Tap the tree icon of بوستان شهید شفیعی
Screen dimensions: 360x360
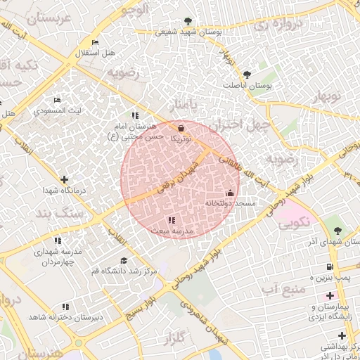[x=187, y=21]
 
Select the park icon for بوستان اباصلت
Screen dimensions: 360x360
[x=246, y=75]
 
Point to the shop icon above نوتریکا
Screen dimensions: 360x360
[x=182, y=128]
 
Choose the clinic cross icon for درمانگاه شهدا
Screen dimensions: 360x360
[x=65, y=180]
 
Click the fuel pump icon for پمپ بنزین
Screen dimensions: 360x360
[x=329, y=266]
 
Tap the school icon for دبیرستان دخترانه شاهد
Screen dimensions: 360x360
[x=65, y=307]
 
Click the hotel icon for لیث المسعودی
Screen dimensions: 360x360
[x=57, y=101]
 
